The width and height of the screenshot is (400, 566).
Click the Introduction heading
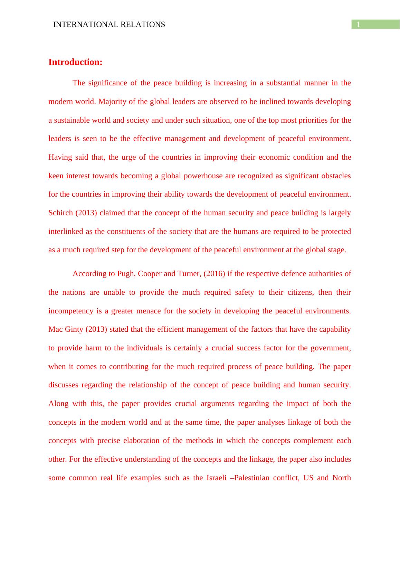pos(75,62)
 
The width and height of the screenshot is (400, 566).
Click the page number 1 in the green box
pos(359,25)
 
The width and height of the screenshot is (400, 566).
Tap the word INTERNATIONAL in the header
pos(86,25)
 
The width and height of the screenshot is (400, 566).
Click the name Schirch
pos(60,213)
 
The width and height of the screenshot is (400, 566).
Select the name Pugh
pos(125,274)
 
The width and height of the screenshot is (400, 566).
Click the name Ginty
pos(74,329)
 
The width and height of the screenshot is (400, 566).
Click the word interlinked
pos(66,232)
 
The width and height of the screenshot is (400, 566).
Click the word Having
pos(60,157)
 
